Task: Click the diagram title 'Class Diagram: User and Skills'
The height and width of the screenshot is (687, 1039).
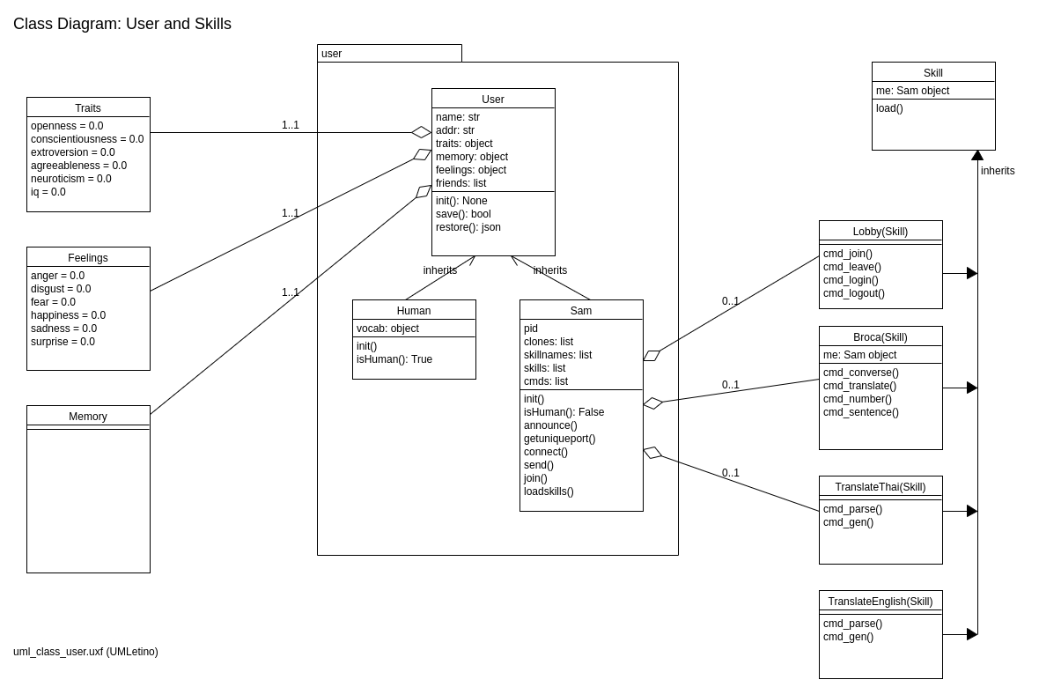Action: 122,24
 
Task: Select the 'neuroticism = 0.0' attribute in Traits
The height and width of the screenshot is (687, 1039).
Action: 71,179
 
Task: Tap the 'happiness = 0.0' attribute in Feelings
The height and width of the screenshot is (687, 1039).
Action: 68,315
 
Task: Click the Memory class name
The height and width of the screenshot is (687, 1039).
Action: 88,417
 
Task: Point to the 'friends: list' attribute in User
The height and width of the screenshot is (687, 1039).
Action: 461,183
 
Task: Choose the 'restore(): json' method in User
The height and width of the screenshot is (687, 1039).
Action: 468,227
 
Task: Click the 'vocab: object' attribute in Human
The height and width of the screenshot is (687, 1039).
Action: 387,329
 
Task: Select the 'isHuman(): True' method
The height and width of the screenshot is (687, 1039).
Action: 394,359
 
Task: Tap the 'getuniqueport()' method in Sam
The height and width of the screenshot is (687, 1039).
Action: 559,439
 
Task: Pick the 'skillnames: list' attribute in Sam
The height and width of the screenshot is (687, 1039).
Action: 557,355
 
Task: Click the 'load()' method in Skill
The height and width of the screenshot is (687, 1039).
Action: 889,108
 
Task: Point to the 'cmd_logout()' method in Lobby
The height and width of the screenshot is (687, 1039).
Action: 854,293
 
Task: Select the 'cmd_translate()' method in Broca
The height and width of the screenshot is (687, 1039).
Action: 859,386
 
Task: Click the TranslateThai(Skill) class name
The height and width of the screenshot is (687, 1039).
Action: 881,487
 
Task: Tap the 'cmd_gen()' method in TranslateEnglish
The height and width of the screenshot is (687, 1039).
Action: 848,637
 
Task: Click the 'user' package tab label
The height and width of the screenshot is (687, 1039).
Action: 332,54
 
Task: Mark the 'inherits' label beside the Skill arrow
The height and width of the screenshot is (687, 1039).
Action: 998,171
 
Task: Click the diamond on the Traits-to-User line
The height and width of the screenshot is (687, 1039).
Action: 422,132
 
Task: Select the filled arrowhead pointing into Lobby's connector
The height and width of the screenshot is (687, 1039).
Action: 972,273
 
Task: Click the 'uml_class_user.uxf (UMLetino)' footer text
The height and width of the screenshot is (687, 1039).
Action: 85,652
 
